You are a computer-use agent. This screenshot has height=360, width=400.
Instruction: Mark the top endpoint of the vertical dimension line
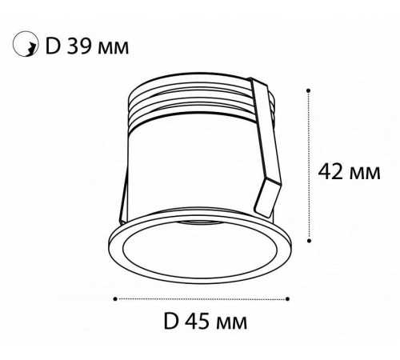click(309, 91)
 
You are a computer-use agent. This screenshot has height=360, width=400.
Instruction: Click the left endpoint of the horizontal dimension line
click(118, 298)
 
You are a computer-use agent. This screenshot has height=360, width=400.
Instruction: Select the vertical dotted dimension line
click(309, 168)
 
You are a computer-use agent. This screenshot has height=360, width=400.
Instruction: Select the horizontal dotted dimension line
click(200, 298)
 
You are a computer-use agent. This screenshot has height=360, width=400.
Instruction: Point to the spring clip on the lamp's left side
click(122, 200)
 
